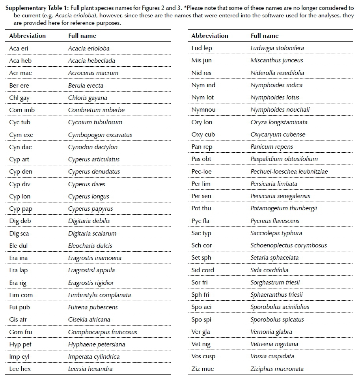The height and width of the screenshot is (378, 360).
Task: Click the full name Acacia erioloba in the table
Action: pyautogui.click(x=89, y=48)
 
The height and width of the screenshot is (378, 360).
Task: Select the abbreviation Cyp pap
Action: pyautogui.click(x=21, y=209)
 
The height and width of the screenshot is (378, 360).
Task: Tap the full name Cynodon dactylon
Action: pyautogui.click(x=93, y=147)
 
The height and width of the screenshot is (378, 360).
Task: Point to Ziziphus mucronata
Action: pyautogui.click(x=277, y=369)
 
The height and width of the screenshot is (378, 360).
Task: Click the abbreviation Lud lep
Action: pyautogui.click(x=201, y=48)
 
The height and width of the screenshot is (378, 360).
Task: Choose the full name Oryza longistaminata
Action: pyautogui.click(x=279, y=122)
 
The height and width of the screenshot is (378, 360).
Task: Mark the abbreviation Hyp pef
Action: pyautogui.click(x=20, y=344)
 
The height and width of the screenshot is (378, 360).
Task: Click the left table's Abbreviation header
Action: pyautogui.click(x=27, y=36)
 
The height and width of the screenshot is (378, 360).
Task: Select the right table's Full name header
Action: pyautogui.click(x=265, y=36)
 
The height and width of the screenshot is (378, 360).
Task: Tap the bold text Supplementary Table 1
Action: pyautogui.click(x=34, y=5)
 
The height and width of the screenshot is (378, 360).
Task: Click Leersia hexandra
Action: pyautogui.click(x=90, y=369)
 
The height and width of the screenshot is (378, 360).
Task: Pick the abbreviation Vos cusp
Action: pyautogui.click(x=203, y=356)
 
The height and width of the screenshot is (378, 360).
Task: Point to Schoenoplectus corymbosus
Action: pyautogui.click(x=289, y=245)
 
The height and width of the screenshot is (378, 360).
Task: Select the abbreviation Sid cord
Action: pyautogui.click(x=203, y=270)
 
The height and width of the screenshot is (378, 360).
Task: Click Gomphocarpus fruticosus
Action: pyautogui.click(x=103, y=332)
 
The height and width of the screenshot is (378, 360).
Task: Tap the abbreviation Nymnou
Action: pyautogui.click(x=203, y=110)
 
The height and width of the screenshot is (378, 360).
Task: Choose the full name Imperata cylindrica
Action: pyautogui.click(x=94, y=357)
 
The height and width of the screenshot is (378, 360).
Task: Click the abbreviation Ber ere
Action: pyautogui.click(x=19, y=85)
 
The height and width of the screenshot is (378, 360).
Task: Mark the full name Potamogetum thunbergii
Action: pyautogui.click(x=284, y=208)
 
